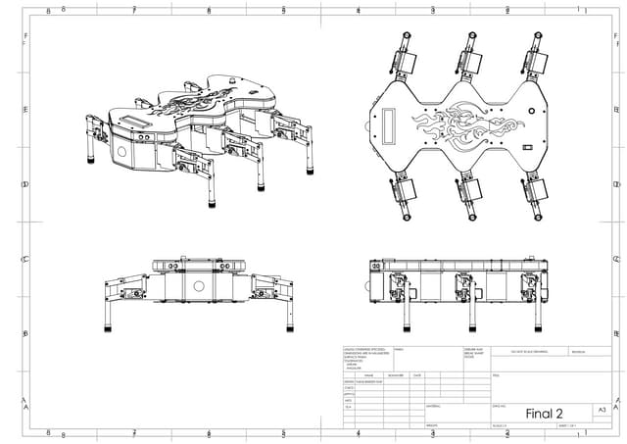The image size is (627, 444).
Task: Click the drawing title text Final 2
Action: coord(545,412)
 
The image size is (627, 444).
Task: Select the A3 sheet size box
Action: coord(602,410)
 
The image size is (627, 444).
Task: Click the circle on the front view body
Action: coord(198,287)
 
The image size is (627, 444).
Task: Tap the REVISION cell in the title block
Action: coord(577,351)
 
